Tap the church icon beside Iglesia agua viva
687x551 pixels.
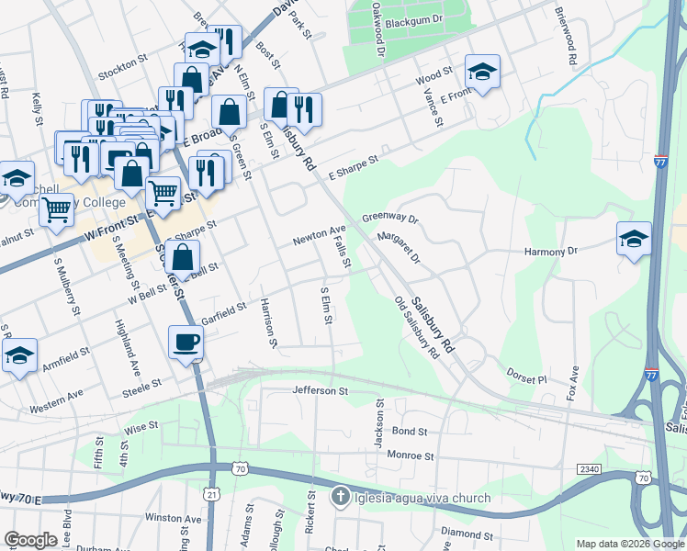tap(339, 498)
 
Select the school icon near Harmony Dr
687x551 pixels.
tap(634, 239)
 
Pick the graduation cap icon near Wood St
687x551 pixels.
tap(481, 70)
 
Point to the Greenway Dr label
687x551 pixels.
tap(389, 219)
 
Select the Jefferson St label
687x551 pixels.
tap(321, 391)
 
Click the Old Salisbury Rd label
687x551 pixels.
tap(416, 328)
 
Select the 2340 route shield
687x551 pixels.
tap(589, 469)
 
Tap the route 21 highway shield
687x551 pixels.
tap(212, 493)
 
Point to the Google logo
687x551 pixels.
tap(32, 540)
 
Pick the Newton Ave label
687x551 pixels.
tap(319, 235)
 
